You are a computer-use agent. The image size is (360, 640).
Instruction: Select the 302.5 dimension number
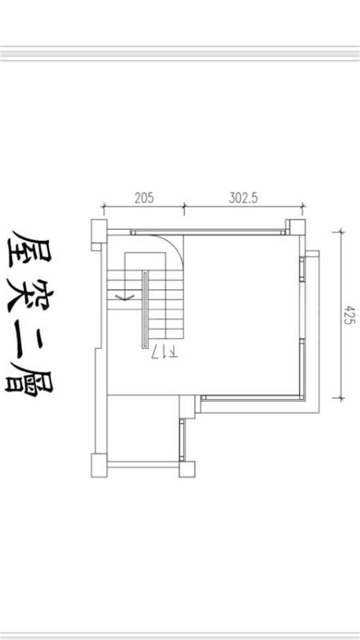(243, 198)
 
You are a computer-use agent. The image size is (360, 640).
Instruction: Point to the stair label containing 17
(165, 352)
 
